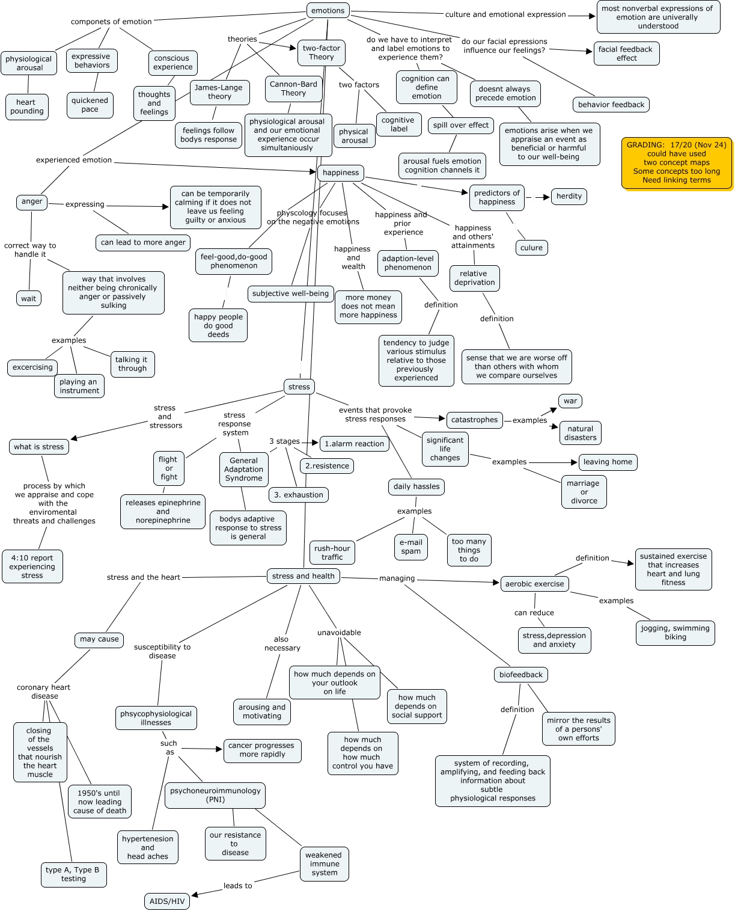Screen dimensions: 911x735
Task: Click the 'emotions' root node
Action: [x=328, y=10]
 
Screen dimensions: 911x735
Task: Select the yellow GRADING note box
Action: [x=676, y=162]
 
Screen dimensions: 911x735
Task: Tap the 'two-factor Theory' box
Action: [x=321, y=52]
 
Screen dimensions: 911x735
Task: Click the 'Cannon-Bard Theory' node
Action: [x=293, y=88]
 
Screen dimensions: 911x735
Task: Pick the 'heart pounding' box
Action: [x=26, y=106]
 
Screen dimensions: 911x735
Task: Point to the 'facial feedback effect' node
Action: [x=626, y=54]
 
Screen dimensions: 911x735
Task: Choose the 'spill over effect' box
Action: [x=461, y=125]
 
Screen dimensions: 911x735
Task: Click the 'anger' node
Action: [x=32, y=201]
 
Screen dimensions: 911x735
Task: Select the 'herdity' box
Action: [x=569, y=196]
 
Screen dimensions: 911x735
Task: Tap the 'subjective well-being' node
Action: [x=290, y=293]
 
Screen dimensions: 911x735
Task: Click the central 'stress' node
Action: [x=299, y=387]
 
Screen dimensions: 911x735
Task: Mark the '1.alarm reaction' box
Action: [x=354, y=444]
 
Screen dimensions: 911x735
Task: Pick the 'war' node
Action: [x=570, y=401]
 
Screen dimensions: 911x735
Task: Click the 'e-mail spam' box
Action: [x=411, y=547]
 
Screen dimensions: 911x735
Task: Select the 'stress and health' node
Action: [x=303, y=576]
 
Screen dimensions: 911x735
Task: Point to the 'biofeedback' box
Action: [x=520, y=675]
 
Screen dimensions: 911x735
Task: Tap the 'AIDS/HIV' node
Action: [x=167, y=901]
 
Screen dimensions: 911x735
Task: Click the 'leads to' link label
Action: [x=237, y=886]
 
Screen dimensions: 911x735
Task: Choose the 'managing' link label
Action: [x=397, y=578]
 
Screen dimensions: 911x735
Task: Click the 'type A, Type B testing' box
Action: [x=73, y=874]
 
